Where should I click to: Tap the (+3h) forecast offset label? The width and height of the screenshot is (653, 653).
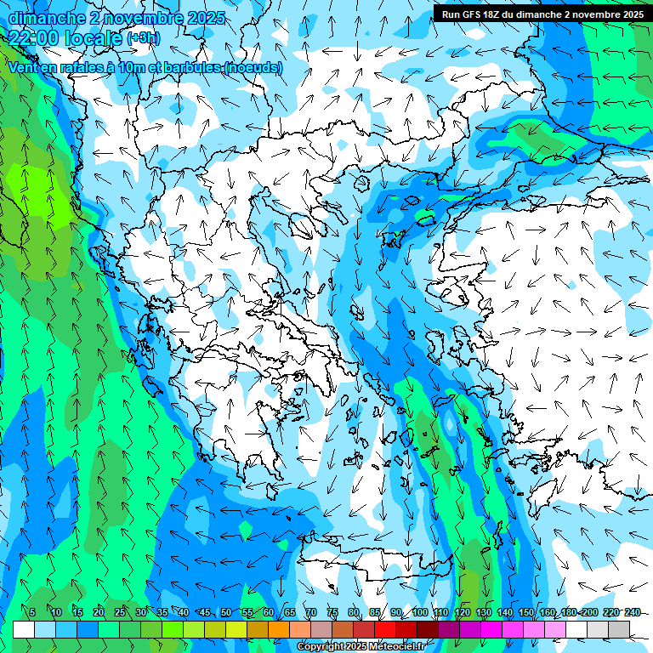(142, 37)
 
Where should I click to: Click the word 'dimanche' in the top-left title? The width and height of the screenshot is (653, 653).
(44, 18)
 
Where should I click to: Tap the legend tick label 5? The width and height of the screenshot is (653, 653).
(32, 612)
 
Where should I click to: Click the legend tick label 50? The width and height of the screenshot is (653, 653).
(226, 612)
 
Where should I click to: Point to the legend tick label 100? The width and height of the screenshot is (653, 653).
(419, 612)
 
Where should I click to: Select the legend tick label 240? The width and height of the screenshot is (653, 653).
(632, 612)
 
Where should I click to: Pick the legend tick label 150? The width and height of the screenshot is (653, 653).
(526, 612)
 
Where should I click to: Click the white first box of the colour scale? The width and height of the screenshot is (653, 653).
(24, 629)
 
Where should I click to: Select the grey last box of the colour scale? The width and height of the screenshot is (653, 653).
(619, 629)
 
